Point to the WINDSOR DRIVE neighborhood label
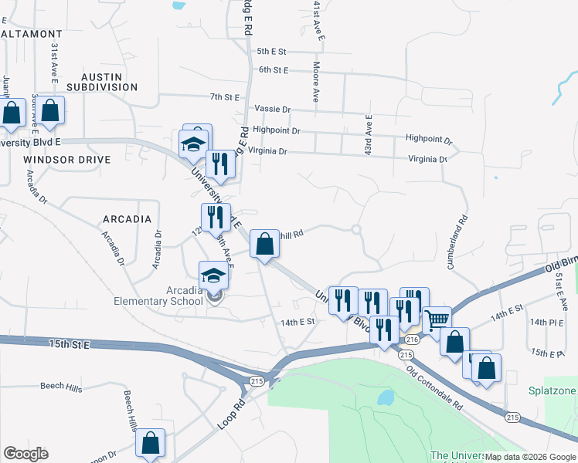(67, 159)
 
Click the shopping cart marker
(437, 319)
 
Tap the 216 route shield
(411, 340)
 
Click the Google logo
(25, 454)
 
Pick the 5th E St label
(272, 52)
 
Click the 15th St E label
(70, 343)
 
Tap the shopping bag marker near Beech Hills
(150, 443)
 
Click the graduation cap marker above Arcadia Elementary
(214, 275)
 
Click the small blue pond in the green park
(384, 398)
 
